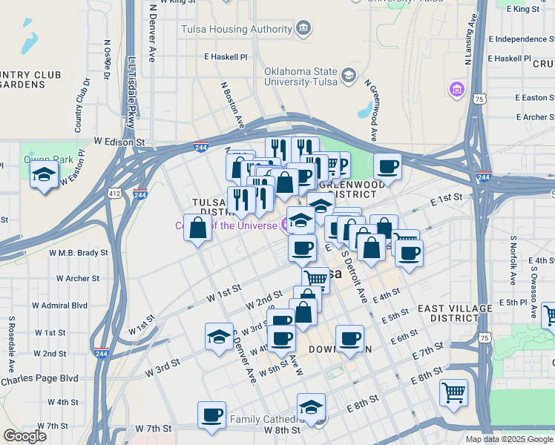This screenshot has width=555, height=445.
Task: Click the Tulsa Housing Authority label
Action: coord(237,30)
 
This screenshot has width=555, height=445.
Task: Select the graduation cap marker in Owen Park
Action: coord(45,176)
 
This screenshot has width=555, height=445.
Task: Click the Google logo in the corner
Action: coord(24,435)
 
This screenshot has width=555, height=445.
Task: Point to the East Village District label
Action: coord(454,312)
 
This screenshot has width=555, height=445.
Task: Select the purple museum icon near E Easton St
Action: coord(456,90)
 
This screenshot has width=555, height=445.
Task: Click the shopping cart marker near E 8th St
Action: coord(453,391)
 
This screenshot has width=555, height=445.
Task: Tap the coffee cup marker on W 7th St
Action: coord(212,414)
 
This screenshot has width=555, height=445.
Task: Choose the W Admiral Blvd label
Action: coord(59,305)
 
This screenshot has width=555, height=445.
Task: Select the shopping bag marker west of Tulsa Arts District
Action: coord(198,228)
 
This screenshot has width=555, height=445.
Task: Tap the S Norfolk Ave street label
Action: coord(513,261)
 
